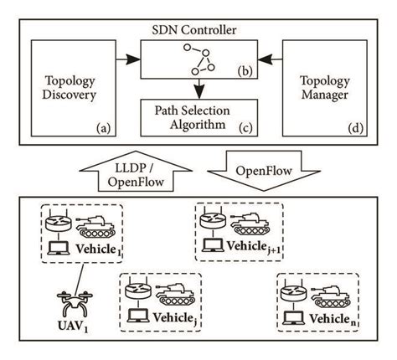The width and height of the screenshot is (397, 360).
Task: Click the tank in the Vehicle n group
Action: pyautogui.click(x=329, y=295)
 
